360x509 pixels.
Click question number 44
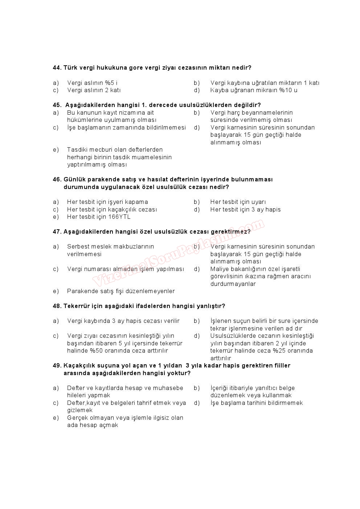coord(57,68)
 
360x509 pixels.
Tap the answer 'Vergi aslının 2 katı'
coord(94,90)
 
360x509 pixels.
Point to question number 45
coord(57,105)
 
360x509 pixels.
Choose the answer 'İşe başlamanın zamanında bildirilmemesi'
coord(126,128)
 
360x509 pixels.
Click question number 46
coord(57,180)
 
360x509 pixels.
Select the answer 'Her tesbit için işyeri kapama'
coord(107,202)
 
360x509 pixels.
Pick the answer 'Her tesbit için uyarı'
coord(238,202)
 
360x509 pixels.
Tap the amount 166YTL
coord(119,217)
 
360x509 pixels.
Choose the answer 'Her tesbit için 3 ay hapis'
coord(245,210)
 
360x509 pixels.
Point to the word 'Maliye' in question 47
coord(219,269)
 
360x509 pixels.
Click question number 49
coord(57,366)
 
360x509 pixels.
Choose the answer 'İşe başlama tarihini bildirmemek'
coord(256,403)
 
